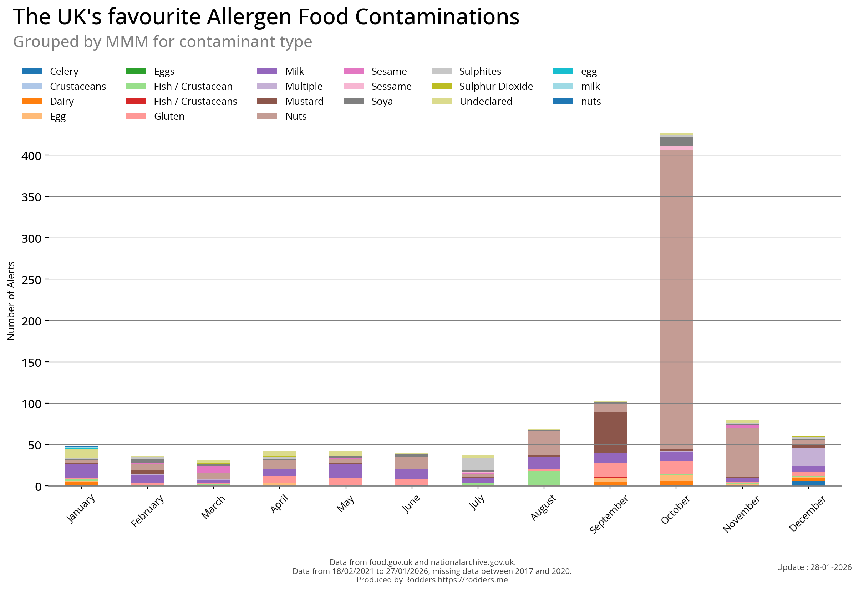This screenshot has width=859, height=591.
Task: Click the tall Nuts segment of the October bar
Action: [x=676, y=296]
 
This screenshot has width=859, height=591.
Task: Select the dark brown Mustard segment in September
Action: [x=610, y=432]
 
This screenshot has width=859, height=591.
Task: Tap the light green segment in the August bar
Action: [x=544, y=478]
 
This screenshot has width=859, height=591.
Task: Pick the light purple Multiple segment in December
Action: [x=808, y=457]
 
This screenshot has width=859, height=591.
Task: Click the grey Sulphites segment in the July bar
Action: [x=478, y=464]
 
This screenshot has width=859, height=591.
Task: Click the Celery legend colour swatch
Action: [x=32, y=71]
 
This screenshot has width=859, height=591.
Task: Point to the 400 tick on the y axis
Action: [x=31, y=156]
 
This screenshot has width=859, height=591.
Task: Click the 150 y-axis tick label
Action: [x=31, y=363]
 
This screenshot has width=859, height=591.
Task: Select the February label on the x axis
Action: [x=147, y=512]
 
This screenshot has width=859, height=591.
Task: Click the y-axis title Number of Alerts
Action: [x=11, y=301]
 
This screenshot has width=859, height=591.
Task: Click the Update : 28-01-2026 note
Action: [x=814, y=567]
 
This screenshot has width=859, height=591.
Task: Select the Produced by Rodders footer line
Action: [x=432, y=580]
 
